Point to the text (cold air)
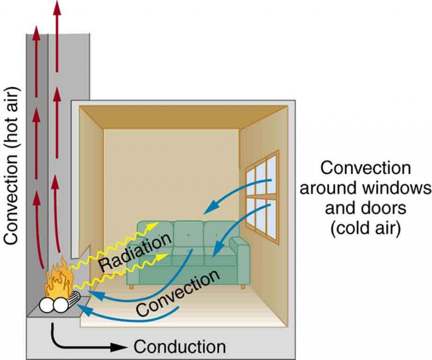[366, 229]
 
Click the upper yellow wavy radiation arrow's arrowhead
[156, 223]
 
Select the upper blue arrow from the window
[238, 194]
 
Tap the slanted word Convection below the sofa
[178, 295]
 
